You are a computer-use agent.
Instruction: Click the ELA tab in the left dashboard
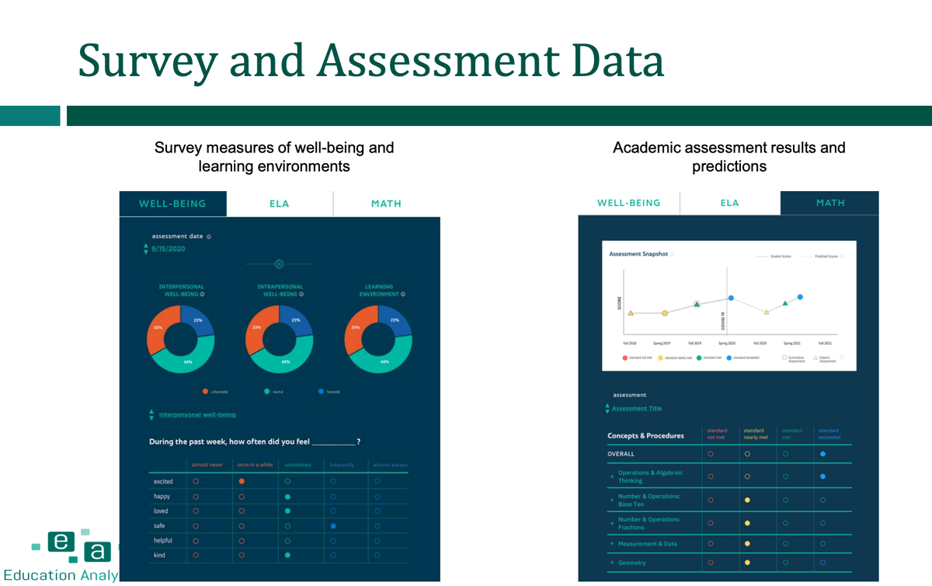pyautogui.click(x=280, y=204)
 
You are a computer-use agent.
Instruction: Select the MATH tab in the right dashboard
pyautogui.click(x=829, y=203)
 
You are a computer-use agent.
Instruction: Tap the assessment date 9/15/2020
pyautogui.click(x=169, y=249)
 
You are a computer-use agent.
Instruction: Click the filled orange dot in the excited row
pyautogui.click(x=242, y=482)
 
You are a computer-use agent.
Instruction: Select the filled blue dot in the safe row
pyautogui.click(x=333, y=526)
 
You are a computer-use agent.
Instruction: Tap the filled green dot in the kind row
pyautogui.click(x=287, y=556)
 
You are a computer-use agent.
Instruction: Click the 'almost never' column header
pyautogui.click(x=206, y=465)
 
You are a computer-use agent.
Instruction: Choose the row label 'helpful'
pyautogui.click(x=163, y=541)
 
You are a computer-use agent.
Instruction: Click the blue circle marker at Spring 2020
pyautogui.click(x=731, y=298)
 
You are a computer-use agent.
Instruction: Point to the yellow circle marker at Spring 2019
pyautogui.click(x=665, y=313)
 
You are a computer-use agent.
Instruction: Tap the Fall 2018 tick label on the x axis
pyautogui.click(x=631, y=343)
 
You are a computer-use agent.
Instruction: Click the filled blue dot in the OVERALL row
pyautogui.click(x=822, y=454)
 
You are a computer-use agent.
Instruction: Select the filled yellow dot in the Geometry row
pyautogui.click(x=747, y=563)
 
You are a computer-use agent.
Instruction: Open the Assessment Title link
pyautogui.click(x=637, y=409)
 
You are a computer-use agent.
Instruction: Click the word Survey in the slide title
pyautogui.click(x=148, y=61)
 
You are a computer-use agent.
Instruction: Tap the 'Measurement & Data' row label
pyautogui.click(x=648, y=544)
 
